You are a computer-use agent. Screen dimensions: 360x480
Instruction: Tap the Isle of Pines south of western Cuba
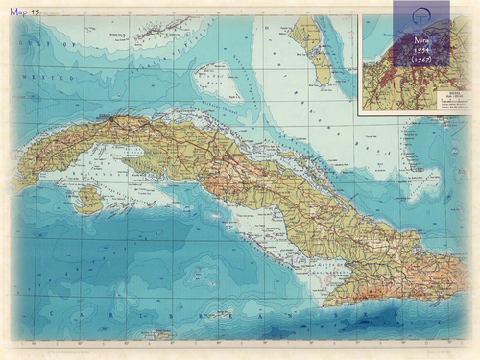click(x=88, y=200)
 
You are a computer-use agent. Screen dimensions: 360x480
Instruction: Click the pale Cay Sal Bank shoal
click(x=209, y=74)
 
